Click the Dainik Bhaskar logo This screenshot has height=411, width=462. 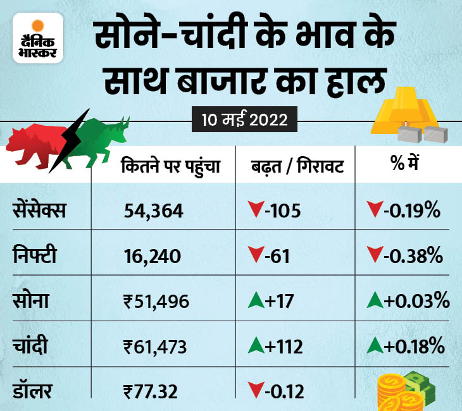[x=37, y=39]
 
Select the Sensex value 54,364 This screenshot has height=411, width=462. [x=154, y=211]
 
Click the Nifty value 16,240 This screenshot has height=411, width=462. [x=153, y=256]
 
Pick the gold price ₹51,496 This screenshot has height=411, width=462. [x=156, y=302]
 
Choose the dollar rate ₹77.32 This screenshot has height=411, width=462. [x=151, y=391]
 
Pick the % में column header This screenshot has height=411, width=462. [x=406, y=166]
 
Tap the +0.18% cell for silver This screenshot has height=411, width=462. [x=405, y=347]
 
